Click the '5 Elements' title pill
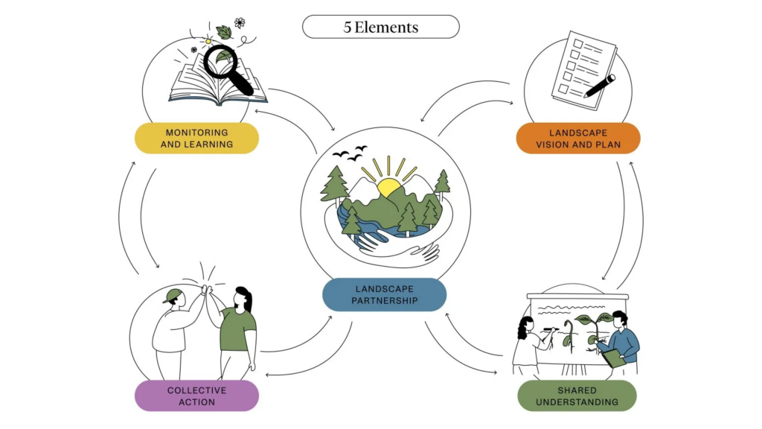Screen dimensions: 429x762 [380, 28]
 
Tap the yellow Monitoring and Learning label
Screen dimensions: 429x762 [196, 139]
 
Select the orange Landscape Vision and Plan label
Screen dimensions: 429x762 [578, 139]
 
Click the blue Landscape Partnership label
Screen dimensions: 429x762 [384, 294]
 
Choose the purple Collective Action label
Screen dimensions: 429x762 [196, 395]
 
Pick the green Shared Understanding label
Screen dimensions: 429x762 [577, 395]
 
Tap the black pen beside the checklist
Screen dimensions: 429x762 [600, 86]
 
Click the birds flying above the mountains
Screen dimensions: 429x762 [350, 153]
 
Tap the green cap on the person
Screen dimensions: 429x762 [173, 295]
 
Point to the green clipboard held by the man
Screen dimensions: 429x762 [612, 357]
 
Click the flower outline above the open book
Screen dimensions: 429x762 [240, 23]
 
